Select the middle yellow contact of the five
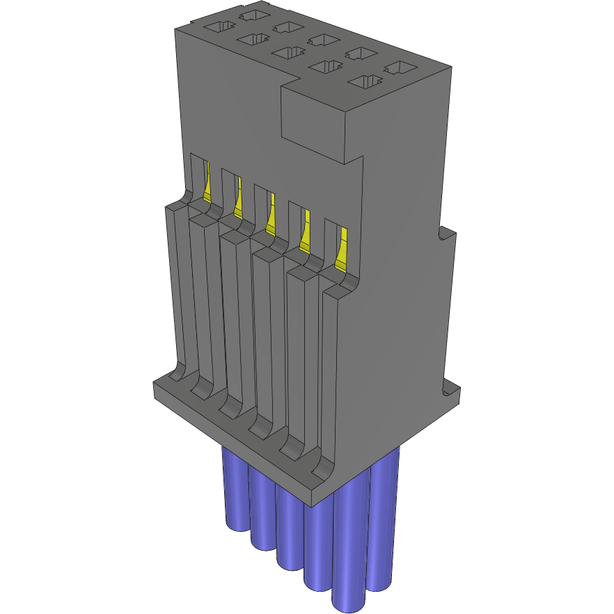click(x=270, y=217)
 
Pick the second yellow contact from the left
click(x=239, y=201)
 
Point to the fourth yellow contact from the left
click(x=305, y=235)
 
